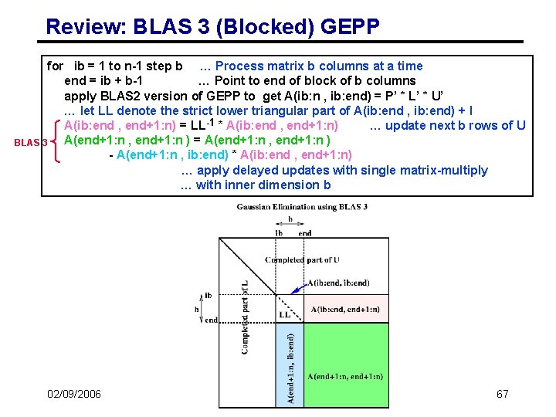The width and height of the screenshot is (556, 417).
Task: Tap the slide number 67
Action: coord(502,395)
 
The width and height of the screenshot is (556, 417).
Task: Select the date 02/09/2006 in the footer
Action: coord(74,395)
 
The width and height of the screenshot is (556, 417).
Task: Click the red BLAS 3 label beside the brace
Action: coord(31,142)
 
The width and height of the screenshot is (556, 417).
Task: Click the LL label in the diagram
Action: coord(285,315)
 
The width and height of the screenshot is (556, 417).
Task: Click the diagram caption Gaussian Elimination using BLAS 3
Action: coord(301,206)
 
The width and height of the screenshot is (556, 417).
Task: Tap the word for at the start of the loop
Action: coord(56,66)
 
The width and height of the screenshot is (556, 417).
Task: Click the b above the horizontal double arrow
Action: coord(290,219)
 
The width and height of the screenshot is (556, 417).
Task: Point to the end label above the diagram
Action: coord(304,233)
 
